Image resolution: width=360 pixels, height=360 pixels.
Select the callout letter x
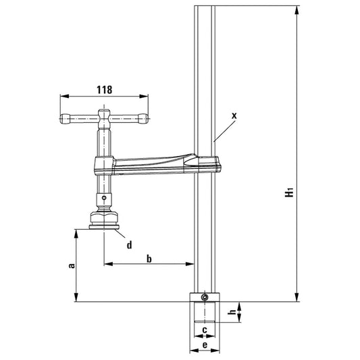point(234,115)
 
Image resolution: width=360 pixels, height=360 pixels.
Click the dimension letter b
point(150,259)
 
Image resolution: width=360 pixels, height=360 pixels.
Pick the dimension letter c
point(203,330)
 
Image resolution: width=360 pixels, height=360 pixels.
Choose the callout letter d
point(129,244)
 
